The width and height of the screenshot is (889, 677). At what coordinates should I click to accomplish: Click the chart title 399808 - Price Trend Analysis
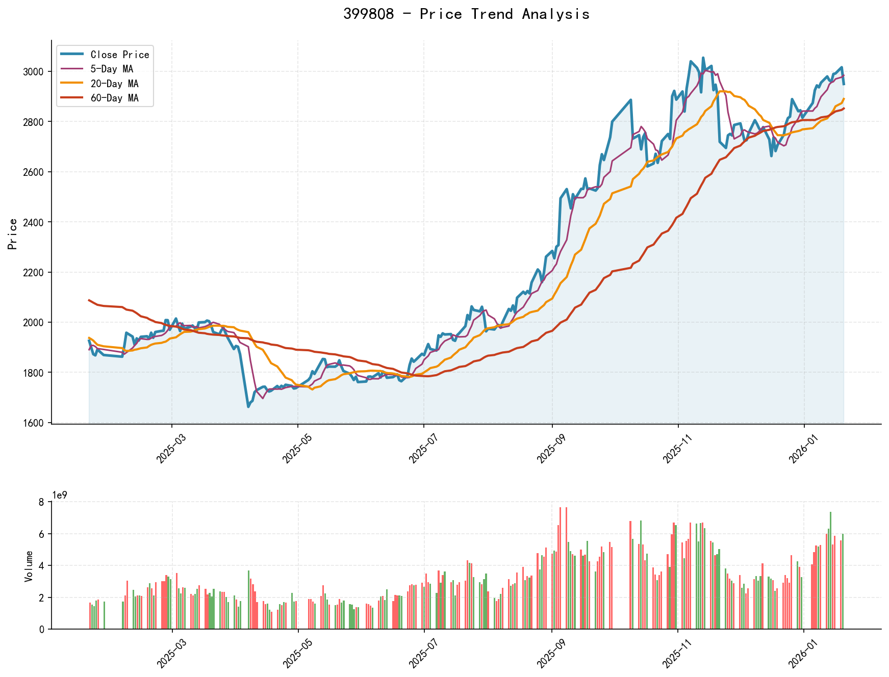click(x=466, y=14)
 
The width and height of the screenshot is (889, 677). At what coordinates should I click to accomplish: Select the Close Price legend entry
click(x=120, y=55)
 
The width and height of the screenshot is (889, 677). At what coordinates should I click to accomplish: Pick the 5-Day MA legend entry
click(x=112, y=69)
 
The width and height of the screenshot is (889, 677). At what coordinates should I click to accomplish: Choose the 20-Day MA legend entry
click(x=114, y=84)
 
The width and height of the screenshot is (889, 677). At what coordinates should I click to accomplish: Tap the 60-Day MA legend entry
click(x=114, y=98)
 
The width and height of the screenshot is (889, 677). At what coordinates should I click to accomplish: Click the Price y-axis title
click(x=13, y=234)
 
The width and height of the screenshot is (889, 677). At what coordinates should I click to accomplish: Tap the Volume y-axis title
click(x=29, y=566)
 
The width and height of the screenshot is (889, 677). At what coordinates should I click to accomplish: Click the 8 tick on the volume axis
click(x=42, y=502)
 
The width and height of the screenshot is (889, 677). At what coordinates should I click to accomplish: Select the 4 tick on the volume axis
click(x=42, y=566)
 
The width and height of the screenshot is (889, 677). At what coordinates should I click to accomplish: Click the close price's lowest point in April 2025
click(x=248, y=406)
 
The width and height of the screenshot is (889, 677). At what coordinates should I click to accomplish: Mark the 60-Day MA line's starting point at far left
click(x=89, y=300)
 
